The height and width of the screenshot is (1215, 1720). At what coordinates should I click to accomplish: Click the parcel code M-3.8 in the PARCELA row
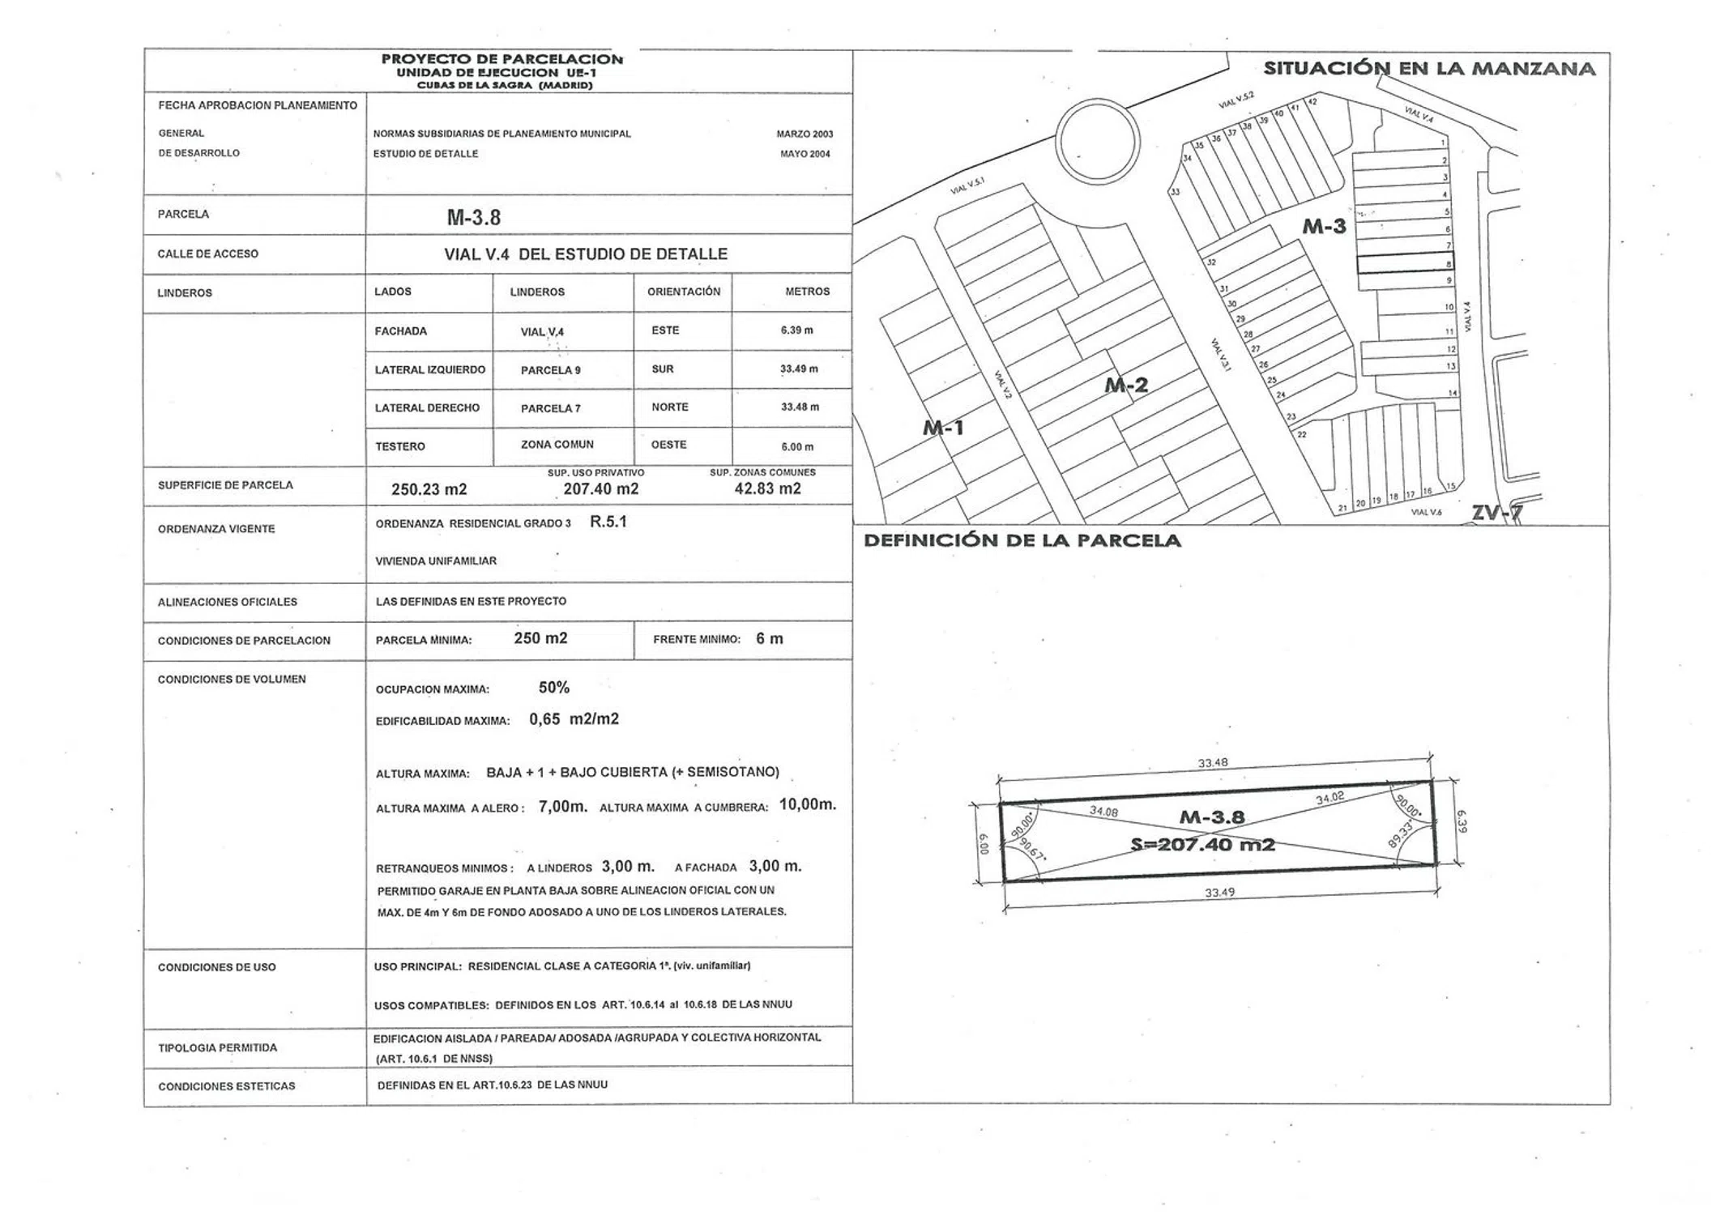tap(474, 217)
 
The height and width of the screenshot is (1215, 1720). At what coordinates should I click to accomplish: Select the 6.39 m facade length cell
tap(796, 330)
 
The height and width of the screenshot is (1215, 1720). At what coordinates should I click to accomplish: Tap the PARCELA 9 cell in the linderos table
tap(550, 370)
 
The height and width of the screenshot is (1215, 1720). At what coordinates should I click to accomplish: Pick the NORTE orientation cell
tap(670, 407)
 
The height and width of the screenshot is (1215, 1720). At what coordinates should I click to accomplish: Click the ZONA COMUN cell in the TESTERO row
tap(557, 445)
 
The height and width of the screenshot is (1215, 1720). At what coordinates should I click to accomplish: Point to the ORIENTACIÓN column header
tap(683, 292)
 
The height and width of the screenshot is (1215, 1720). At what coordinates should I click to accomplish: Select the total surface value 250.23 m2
tap(429, 489)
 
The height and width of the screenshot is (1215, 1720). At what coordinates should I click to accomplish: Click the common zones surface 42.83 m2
tap(767, 488)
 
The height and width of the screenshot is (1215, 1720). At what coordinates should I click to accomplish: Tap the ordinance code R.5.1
tap(608, 522)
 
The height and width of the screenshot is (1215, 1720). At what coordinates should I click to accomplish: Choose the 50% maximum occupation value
tap(554, 688)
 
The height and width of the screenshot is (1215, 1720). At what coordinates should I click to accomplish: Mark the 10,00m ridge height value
tap(807, 804)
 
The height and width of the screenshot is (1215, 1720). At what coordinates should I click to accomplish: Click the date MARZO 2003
tap(804, 134)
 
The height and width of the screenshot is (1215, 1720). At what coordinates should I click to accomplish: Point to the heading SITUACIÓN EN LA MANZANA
tap(1429, 69)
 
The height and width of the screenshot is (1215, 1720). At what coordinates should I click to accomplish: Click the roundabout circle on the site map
tap(1098, 142)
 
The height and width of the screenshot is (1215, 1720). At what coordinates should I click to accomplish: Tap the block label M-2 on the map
tap(1126, 386)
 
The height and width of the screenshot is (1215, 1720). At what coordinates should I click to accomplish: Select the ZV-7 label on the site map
tap(1496, 512)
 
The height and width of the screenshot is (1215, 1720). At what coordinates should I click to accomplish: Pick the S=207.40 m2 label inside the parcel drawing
tap(1202, 845)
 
